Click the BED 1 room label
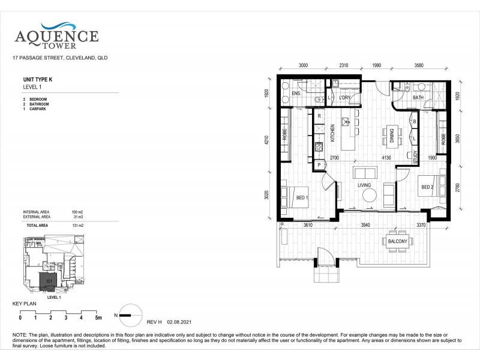point(302,197)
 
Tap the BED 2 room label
point(427,187)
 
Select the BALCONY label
point(397,242)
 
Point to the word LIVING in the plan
point(365,186)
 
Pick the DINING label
point(391,136)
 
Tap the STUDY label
point(415,157)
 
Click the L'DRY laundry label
point(344,98)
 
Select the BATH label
point(418,98)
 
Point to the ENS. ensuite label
point(296,94)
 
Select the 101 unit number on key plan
point(50,280)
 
